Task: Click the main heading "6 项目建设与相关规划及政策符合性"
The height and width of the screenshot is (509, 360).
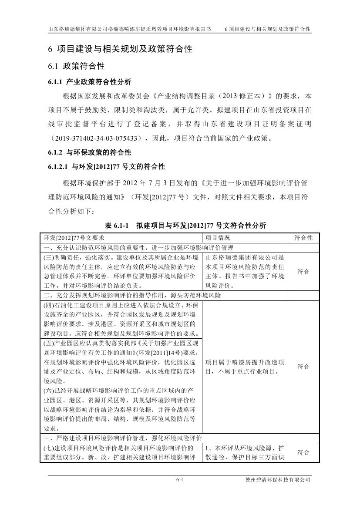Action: pos(120,49)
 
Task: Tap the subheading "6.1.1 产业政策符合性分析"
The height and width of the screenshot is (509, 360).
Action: pos(89,81)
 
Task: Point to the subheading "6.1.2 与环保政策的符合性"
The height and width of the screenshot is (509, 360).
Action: pos(89,152)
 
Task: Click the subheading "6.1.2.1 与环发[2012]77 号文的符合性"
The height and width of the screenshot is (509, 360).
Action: pos(106,167)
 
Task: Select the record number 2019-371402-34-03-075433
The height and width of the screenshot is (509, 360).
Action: pos(97,138)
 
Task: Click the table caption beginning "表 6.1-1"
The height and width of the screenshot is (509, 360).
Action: pos(185,225)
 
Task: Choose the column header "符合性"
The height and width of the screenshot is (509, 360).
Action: pos(303,238)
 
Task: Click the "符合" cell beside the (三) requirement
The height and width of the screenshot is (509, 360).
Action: pos(303,272)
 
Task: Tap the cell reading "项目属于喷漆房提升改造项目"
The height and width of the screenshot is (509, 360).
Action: pos(245,367)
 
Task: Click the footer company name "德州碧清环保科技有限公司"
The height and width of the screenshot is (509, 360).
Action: pos(278,479)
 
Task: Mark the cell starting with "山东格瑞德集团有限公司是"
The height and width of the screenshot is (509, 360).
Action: pos(245,272)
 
